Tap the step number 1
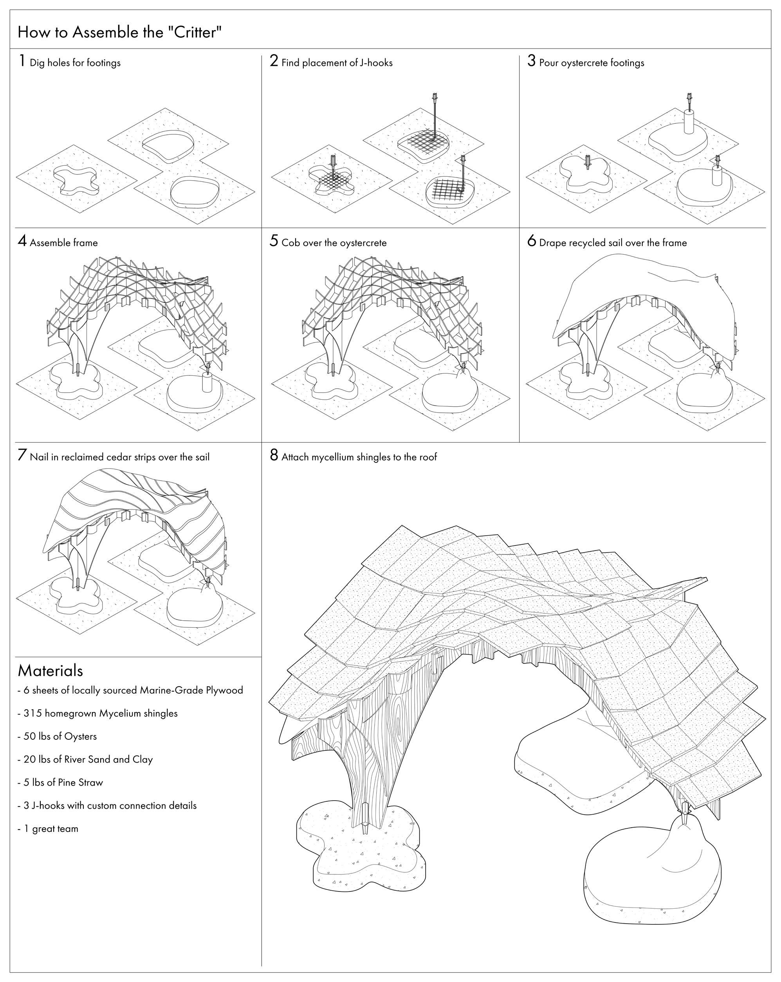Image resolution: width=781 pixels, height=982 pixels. coord(22,61)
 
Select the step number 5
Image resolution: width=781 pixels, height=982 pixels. coord(274,241)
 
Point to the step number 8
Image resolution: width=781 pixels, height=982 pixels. coord(274,455)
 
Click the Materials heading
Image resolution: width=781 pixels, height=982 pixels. coord(50,671)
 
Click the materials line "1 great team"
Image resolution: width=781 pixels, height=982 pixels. coord(51,828)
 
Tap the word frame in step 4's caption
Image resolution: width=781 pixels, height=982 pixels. coord(86,243)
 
